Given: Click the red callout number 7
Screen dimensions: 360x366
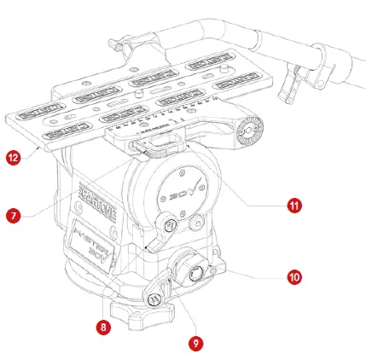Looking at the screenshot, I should [x=13, y=216].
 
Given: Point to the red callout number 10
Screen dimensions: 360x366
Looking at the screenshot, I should [x=293, y=277].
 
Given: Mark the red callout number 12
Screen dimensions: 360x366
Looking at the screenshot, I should [x=13, y=157].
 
